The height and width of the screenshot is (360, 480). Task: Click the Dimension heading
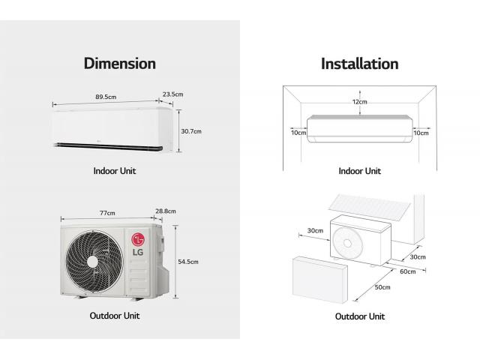(120, 64)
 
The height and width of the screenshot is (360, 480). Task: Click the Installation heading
(360, 64)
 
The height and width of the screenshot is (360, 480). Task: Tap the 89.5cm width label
(106, 97)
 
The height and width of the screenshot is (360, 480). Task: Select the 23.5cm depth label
(173, 94)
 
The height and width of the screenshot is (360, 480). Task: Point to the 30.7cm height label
(191, 131)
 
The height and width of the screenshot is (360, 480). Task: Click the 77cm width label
(107, 213)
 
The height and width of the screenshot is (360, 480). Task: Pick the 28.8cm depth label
(166, 211)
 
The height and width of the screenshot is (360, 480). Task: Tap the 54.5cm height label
(188, 262)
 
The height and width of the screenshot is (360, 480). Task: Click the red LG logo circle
(138, 239)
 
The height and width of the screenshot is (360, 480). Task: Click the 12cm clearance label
(360, 102)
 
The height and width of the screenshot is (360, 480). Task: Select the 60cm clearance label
(408, 271)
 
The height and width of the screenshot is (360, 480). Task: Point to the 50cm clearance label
(382, 287)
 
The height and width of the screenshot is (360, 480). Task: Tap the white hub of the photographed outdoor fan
(92, 262)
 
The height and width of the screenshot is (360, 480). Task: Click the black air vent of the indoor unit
(108, 147)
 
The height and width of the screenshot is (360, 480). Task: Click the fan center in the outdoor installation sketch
(347, 243)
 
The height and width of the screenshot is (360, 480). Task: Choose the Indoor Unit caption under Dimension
(115, 171)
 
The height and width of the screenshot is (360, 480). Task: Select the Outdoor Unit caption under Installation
(360, 316)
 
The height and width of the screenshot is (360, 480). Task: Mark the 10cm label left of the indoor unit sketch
(298, 133)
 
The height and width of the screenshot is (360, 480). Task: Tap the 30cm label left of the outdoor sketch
(315, 230)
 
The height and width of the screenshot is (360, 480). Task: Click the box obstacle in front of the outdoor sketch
(320, 280)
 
